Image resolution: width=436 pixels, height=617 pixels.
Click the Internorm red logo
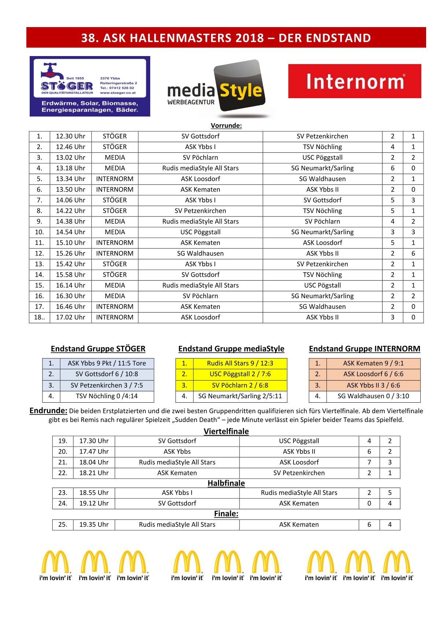tap(355, 81)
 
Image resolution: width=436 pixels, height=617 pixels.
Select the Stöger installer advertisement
tap(90, 86)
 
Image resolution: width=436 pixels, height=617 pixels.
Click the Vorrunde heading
tap(226, 126)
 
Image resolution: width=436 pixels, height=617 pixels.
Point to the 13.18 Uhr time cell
tap(70, 168)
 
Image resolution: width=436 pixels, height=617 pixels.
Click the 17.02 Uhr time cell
tap(70, 317)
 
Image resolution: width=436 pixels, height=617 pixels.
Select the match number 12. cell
tap(39, 254)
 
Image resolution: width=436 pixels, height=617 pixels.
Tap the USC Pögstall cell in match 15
tap(322, 285)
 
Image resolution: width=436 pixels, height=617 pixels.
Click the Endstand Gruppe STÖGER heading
tap(98, 349)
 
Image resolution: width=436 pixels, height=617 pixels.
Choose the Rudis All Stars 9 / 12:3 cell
tap(240, 363)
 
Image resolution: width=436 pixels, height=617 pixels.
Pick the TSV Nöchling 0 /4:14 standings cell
tap(107, 396)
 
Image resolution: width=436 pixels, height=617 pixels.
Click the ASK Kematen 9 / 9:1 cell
tap(373, 363)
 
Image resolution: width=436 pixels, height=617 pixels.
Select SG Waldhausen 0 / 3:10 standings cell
tap(373, 396)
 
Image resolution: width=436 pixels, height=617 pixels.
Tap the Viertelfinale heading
tap(226, 431)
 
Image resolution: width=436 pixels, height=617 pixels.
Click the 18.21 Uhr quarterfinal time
tap(94, 473)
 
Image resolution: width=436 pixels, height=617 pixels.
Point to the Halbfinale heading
tap(226, 483)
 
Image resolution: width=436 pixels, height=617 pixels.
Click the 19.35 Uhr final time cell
tap(94, 525)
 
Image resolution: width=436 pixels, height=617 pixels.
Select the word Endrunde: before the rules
tap(48, 411)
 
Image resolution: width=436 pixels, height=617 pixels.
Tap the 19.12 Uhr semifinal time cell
tap(94, 503)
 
